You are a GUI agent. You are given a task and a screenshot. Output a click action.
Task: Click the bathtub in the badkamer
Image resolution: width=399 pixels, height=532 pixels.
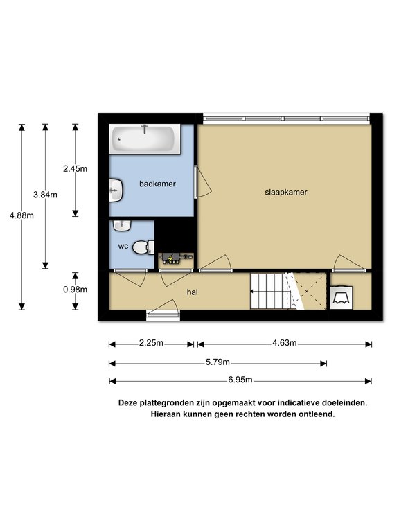(x=145, y=139)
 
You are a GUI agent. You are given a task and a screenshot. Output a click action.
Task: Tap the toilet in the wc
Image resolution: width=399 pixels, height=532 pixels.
(x=143, y=247)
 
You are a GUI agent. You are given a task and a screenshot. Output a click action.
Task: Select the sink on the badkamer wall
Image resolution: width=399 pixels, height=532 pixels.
(x=116, y=190)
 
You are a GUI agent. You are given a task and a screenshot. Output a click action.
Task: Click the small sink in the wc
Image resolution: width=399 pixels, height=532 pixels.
(x=122, y=226)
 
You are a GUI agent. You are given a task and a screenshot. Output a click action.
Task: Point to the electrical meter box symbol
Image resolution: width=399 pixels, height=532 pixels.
(x=176, y=258)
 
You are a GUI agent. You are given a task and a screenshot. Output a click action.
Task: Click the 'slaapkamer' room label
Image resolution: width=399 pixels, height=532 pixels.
(x=286, y=193)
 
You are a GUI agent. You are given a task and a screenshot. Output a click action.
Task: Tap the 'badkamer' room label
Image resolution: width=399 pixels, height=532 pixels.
(x=157, y=184)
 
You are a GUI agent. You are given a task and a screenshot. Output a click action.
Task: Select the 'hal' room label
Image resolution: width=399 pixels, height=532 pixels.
(x=193, y=292)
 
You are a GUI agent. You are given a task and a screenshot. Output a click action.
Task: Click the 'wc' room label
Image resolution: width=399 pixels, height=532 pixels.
(x=123, y=247)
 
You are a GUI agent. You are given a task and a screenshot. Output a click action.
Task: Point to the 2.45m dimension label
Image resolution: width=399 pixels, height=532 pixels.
(x=75, y=168)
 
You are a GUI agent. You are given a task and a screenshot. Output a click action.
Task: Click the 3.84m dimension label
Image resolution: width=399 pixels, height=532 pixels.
(x=45, y=195)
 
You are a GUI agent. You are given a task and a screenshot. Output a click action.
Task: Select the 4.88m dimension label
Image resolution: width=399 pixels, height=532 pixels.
(x=21, y=215)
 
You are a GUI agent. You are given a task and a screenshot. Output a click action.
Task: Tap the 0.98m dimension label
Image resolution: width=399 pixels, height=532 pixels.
(x=75, y=290)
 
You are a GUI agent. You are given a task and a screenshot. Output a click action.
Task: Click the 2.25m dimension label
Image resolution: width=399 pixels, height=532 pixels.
(x=151, y=343)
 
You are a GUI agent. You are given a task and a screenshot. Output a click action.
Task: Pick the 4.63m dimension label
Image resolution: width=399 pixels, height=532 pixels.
(x=284, y=343)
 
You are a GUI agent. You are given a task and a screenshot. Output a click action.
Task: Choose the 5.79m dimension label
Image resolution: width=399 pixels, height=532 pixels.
(x=218, y=362)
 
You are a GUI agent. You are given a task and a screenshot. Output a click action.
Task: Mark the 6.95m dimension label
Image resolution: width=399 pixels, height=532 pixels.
(x=240, y=380)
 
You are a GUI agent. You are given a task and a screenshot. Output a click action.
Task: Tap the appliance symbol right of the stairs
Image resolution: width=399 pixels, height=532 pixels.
(x=342, y=298)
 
